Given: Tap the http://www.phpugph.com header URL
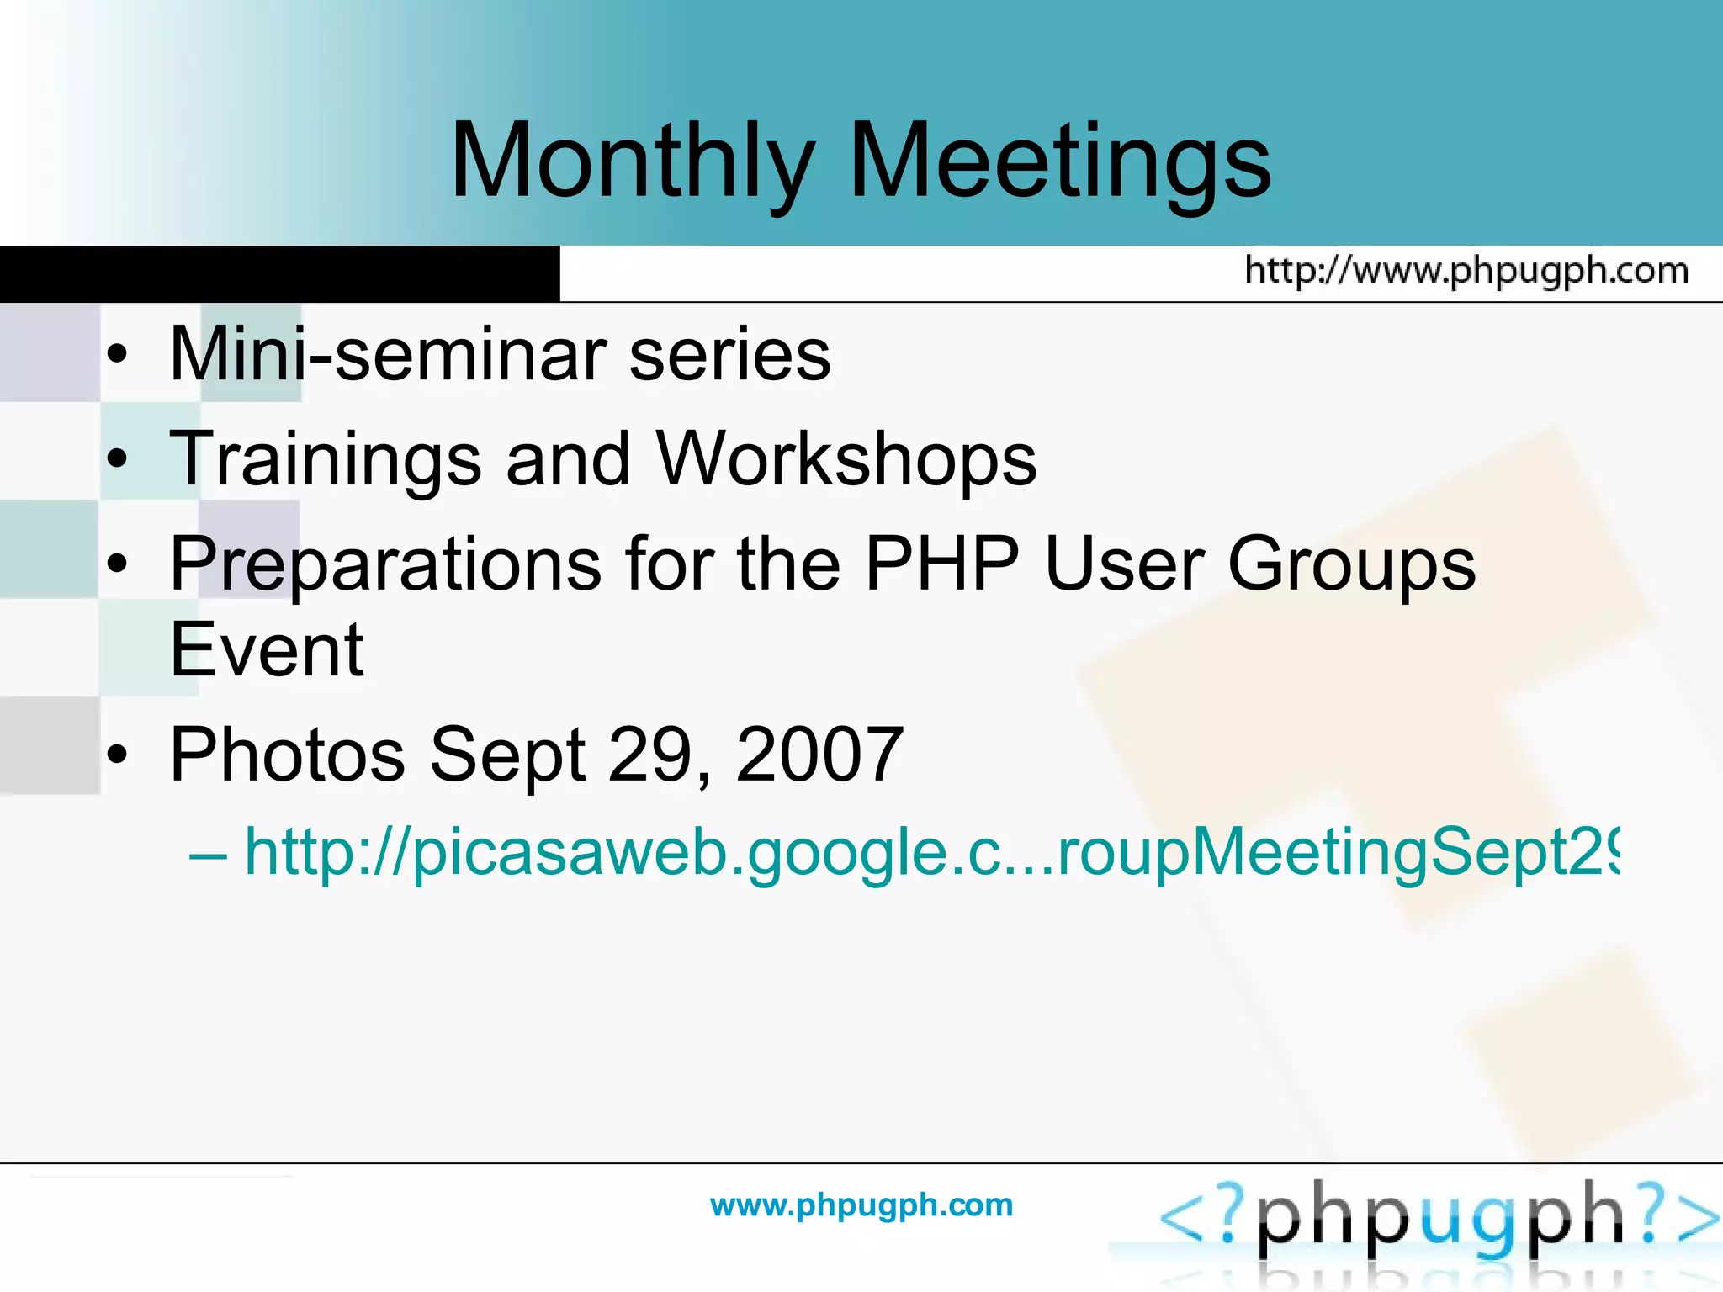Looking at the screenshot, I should click(x=1466, y=271).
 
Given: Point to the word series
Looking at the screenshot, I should click(x=729, y=354).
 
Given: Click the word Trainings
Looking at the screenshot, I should click(x=325, y=459).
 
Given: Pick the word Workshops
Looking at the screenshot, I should click(x=846, y=459).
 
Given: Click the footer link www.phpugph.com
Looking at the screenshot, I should click(x=861, y=1205).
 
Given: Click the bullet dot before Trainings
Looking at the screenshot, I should click(x=118, y=460).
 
